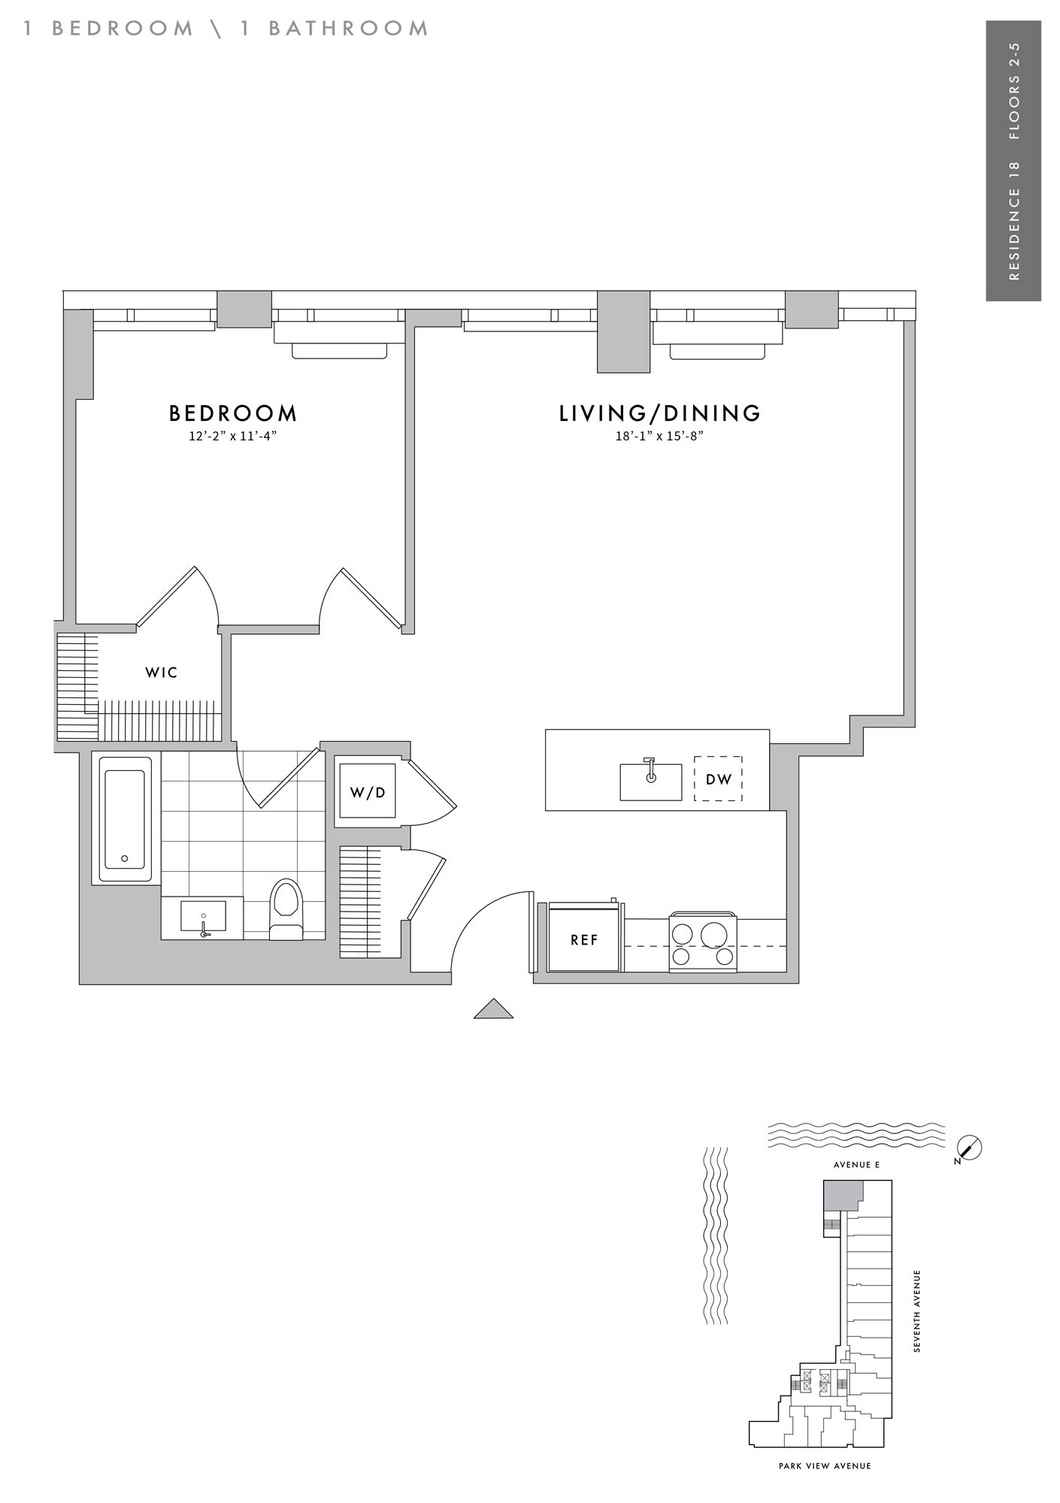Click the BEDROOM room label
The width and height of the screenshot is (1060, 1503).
tap(233, 413)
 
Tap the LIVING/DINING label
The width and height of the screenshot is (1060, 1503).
tap(660, 413)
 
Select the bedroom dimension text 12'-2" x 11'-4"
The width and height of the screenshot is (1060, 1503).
tap(233, 436)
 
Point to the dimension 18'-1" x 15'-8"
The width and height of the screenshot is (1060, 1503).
tap(659, 436)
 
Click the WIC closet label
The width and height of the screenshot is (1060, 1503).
tap(162, 673)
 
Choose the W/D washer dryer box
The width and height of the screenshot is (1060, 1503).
tap(368, 791)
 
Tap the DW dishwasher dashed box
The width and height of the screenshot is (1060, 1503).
tap(718, 779)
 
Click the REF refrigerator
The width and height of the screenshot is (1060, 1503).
tap(585, 939)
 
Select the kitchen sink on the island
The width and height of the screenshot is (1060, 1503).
tap(650, 781)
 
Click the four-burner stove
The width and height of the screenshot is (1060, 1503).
tap(703, 942)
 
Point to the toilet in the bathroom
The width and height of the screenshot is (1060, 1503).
tap(286, 909)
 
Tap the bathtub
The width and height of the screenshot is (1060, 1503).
tap(126, 819)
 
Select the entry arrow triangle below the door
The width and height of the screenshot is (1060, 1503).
tap(493, 1009)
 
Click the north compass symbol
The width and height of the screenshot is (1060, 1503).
tap(971, 1148)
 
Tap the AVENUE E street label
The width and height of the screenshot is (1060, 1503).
tap(856, 1165)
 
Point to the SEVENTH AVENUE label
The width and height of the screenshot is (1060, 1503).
tap(916, 1311)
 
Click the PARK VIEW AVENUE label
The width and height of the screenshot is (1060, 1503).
tap(825, 1465)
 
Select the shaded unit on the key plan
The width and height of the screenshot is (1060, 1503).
tap(841, 1195)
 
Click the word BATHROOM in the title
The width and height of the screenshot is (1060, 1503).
tap(349, 29)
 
